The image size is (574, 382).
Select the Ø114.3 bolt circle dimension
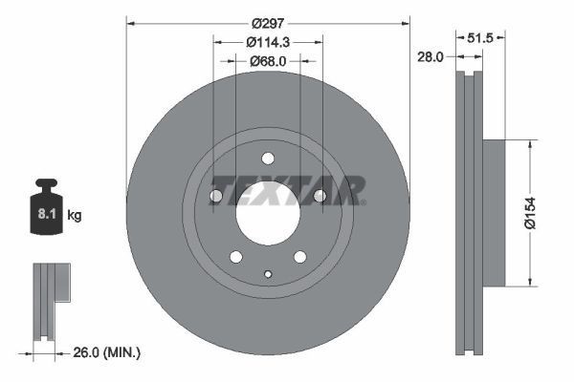tap(267, 42)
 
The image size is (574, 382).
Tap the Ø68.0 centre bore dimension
tap(267, 61)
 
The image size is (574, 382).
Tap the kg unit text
tap(75, 216)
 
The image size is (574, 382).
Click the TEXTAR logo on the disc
tap(287, 190)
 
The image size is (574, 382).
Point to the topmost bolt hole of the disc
tap(267, 158)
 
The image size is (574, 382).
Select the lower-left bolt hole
tap(235, 256)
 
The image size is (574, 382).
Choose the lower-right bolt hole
tap(299, 256)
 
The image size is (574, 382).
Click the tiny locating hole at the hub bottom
tap(268, 276)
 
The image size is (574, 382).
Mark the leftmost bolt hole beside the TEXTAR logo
tap(216, 196)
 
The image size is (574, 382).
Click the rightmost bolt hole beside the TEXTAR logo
tap(320, 196)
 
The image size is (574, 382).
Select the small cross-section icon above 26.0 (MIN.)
tap(51, 299)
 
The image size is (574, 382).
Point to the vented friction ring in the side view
tap(468, 212)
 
